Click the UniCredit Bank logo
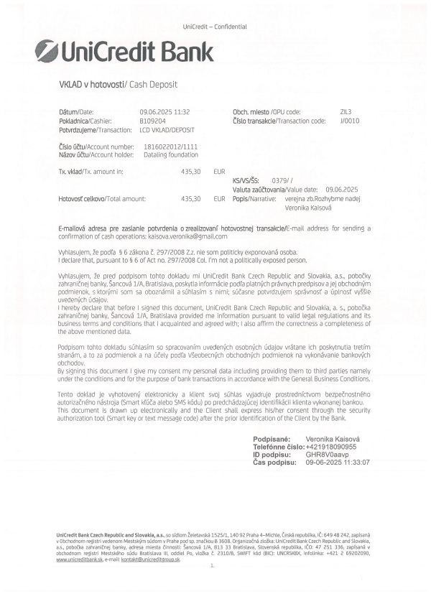point(124,51)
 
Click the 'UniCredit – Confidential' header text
point(215,27)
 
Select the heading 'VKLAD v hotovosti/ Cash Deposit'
point(118,84)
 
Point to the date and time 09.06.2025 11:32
point(164,113)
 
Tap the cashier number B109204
point(153,121)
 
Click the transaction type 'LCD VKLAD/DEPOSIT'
point(167,130)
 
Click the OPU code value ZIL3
point(346,113)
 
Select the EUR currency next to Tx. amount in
point(219,172)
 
